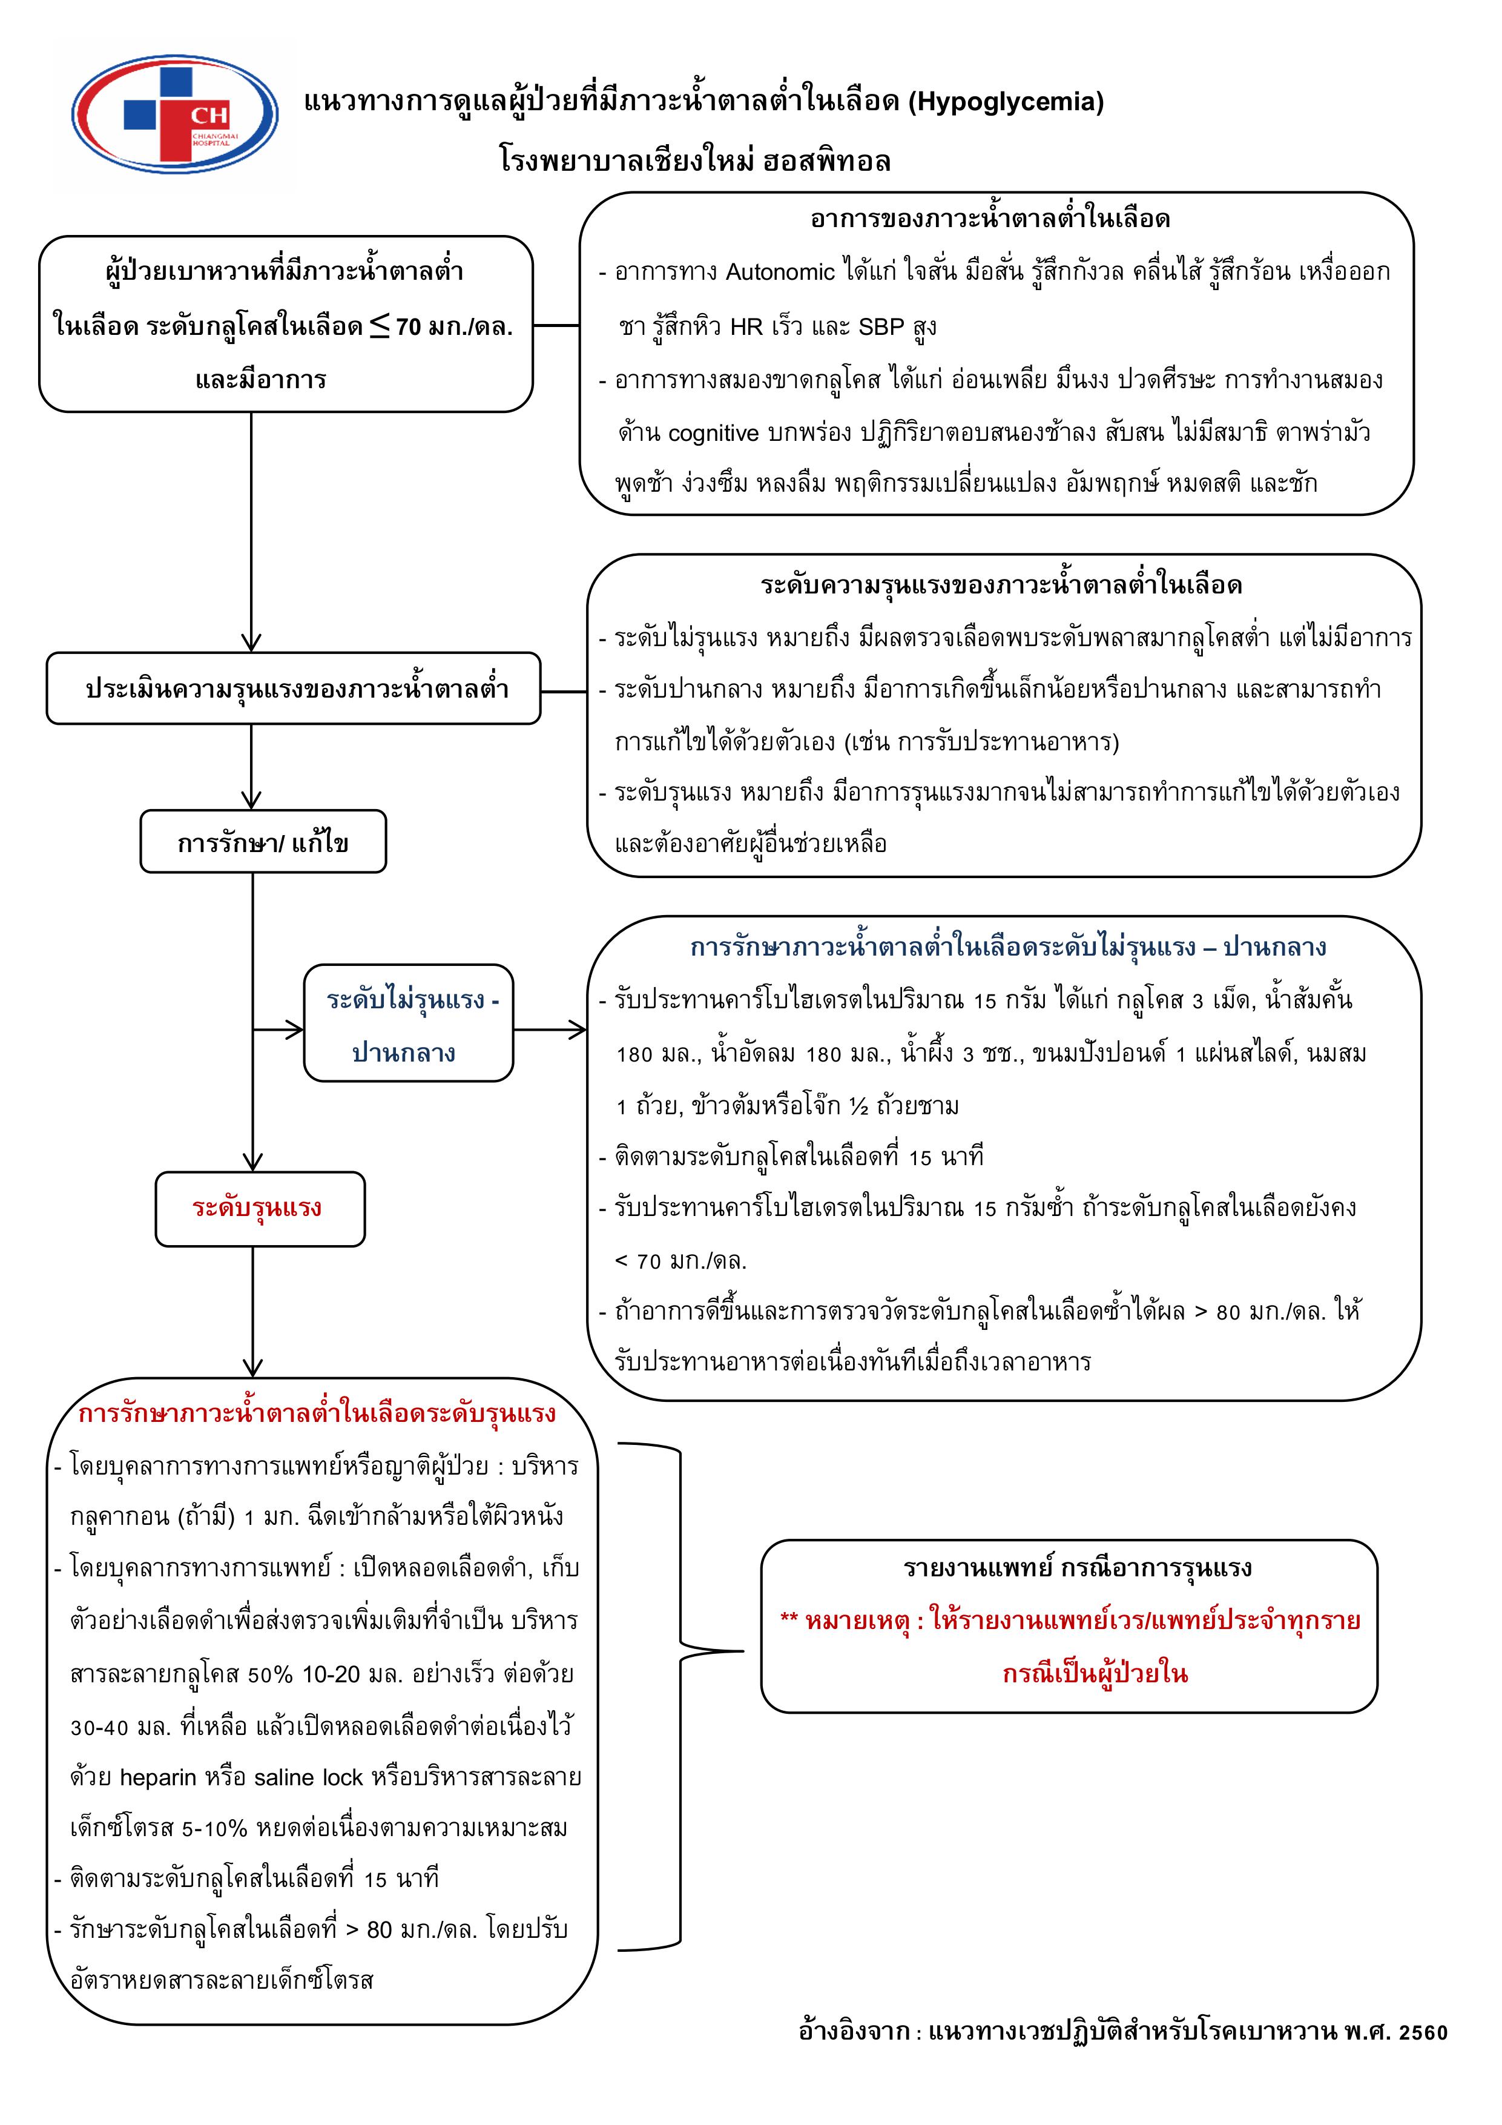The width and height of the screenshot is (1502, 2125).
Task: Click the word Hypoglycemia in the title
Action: (x=1005, y=101)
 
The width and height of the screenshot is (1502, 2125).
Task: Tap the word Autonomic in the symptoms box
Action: (x=780, y=272)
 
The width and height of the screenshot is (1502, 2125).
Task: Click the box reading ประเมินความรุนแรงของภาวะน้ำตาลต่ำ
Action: (x=294, y=689)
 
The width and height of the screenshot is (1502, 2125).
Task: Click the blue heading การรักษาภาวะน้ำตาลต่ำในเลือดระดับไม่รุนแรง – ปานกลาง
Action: (x=1007, y=948)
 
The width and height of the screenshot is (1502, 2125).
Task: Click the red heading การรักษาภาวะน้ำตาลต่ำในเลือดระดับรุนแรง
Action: (x=317, y=1413)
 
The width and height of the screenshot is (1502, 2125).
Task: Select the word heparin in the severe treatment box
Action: (x=158, y=1778)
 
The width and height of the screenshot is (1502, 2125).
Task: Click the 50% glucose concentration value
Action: (x=270, y=1674)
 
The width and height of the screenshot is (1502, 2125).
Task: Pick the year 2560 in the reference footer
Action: (x=1423, y=2032)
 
